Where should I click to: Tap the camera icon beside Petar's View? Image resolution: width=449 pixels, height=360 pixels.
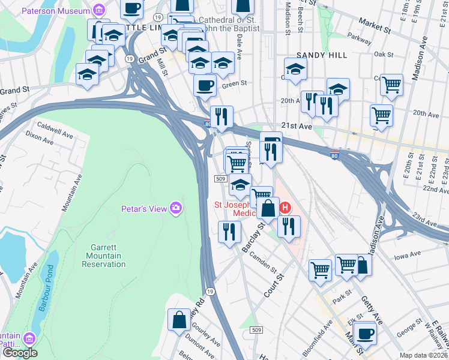(x=176, y=208)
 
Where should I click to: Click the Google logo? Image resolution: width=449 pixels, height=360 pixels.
(x=19, y=353)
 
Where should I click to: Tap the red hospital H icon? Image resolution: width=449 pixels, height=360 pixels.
(x=286, y=208)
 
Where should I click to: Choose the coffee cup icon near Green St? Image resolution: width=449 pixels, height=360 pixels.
(x=205, y=85)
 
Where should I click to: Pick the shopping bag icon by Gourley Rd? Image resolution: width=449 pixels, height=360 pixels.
(x=179, y=319)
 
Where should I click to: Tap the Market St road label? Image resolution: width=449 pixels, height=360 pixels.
(x=379, y=26)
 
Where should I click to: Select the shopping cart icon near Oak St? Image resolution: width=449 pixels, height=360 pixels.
(x=392, y=85)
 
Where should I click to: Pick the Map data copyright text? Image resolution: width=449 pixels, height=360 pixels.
(x=423, y=355)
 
